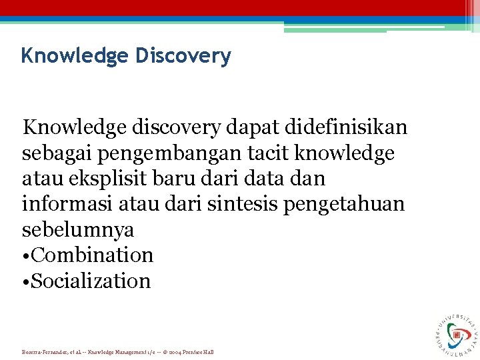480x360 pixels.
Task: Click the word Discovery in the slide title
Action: pyautogui.click(x=183, y=56)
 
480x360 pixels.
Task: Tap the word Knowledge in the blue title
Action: pyautogui.click(x=75, y=56)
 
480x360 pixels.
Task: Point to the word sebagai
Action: pyautogui.click(x=59, y=153)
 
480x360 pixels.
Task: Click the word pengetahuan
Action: pyautogui.click(x=344, y=204)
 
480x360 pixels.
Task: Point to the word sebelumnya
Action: pyautogui.click(x=78, y=230)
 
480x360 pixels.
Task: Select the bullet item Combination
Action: pyautogui.click(x=92, y=255)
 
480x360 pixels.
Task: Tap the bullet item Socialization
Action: pyautogui.click(x=91, y=281)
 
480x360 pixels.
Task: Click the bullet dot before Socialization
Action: pyautogui.click(x=26, y=281)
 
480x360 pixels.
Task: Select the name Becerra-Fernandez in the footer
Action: pyautogui.click(x=44, y=352)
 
